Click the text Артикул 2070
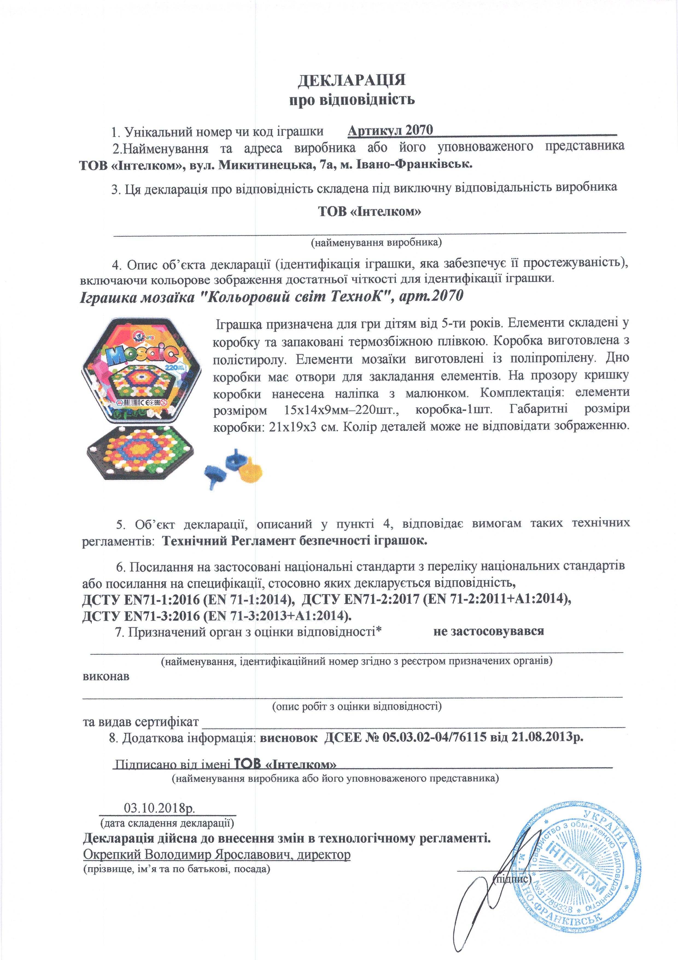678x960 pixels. click(x=390, y=131)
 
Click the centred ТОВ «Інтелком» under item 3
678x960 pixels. click(x=369, y=212)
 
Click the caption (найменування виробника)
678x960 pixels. click(x=376, y=242)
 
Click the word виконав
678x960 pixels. click(x=106, y=676)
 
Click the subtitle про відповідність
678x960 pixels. click(x=352, y=100)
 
